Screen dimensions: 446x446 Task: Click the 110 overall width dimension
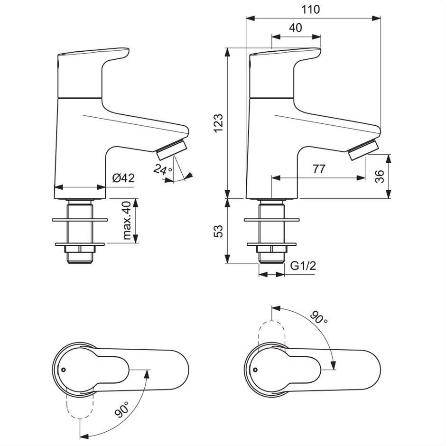[x=311, y=9]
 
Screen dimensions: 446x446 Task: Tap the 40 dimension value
[x=296, y=28]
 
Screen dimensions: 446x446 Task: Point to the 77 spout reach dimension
[x=319, y=169]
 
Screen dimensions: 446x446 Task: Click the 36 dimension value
[x=380, y=177]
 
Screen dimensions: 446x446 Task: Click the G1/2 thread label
[x=303, y=266]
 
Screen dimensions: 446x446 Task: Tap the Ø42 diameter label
[x=123, y=178]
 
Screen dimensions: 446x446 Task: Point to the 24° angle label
[x=162, y=169]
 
